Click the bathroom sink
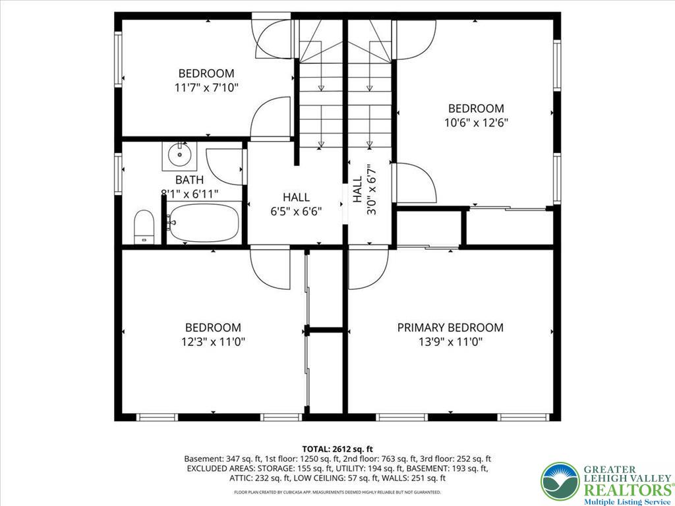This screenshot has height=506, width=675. (179, 155)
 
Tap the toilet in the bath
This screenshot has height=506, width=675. (144, 227)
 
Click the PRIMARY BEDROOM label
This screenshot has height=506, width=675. (450, 327)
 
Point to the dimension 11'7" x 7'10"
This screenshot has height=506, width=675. (206, 88)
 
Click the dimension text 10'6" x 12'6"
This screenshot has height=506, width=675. (476, 123)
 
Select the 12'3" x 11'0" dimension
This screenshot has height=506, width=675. (213, 342)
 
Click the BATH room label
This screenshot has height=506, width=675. (189, 180)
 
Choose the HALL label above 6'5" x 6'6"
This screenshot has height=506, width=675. (296, 197)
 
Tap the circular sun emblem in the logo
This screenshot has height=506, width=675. (560, 482)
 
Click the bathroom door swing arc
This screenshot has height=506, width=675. (225, 166)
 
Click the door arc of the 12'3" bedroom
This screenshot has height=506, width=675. (270, 267)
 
